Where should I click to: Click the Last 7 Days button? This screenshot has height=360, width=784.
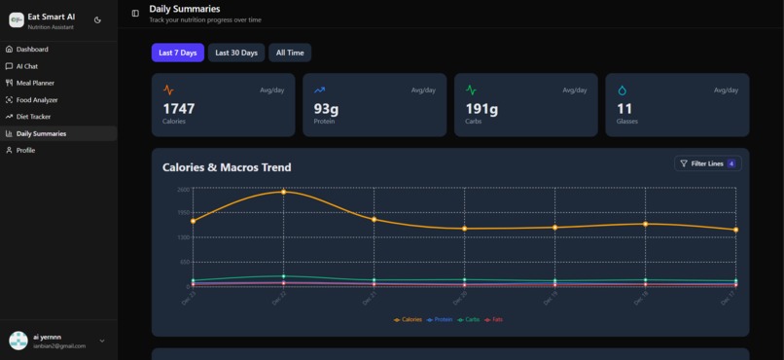[177, 53]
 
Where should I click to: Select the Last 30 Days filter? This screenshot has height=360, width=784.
[236, 53]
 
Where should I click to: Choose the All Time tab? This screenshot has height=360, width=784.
[290, 53]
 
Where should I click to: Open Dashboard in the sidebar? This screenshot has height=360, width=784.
[32, 49]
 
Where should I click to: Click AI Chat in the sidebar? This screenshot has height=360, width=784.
[27, 66]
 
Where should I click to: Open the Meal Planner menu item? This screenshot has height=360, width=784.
[35, 83]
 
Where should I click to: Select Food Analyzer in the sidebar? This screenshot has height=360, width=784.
[37, 99]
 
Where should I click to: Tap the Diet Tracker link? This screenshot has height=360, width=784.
[33, 116]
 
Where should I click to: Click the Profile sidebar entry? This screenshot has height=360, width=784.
[25, 150]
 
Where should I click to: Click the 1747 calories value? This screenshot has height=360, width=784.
[178, 109]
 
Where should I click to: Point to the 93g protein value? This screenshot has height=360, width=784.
[326, 109]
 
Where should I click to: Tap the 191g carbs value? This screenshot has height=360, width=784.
[481, 109]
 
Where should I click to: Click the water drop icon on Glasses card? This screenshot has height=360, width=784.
[623, 90]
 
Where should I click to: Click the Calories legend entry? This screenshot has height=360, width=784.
[409, 319]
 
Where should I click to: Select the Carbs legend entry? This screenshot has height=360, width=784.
[469, 319]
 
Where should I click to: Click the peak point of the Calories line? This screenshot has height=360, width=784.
[283, 192]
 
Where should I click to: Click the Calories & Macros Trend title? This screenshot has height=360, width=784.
[226, 167]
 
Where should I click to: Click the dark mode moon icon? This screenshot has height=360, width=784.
[97, 19]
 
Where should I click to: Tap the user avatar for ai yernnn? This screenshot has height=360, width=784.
[18, 341]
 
